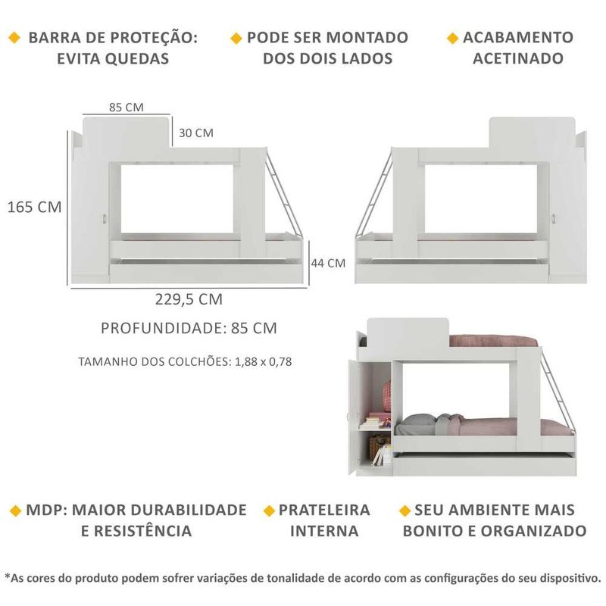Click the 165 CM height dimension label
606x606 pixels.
coord(34,207)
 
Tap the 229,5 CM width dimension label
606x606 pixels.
coord(189,299)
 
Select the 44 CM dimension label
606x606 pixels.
coord(328,263)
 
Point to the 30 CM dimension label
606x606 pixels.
coord(196,133)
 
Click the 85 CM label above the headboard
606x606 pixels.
coord(127,107)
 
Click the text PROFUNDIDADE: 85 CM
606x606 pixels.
coord(189,328)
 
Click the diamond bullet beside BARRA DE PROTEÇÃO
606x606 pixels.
coord(15,38)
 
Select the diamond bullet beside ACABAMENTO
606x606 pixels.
coord(453,38)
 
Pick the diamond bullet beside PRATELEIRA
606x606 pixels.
coord(268,511)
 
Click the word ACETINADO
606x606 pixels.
coord(518,58)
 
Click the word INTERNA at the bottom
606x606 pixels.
coord(324,530)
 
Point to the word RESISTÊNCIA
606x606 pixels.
coord(136,530)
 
